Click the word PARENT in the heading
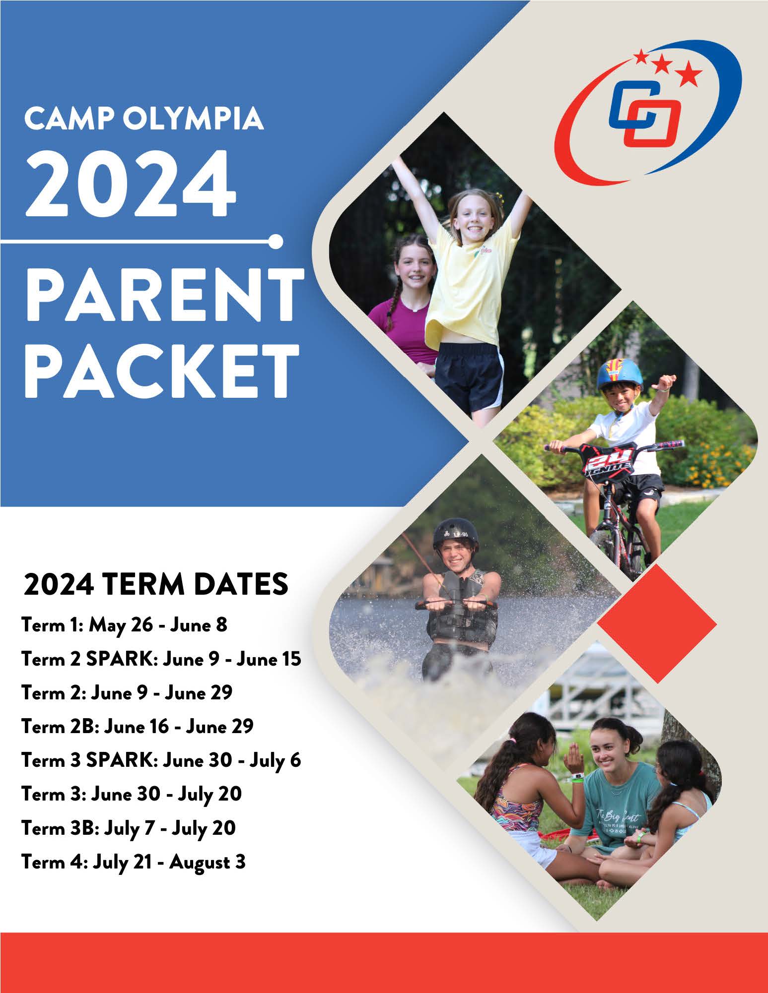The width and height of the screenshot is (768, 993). [164, 296]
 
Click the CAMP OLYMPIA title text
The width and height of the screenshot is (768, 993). [143, 119]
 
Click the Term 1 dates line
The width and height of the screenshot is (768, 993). [124, 625]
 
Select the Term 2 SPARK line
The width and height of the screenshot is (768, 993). [161, 659]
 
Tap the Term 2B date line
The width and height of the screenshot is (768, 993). [138, 727]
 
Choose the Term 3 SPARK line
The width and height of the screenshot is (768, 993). [161, 761]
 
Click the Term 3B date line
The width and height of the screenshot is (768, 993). [129, 828]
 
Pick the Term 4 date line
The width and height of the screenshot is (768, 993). [134, 863]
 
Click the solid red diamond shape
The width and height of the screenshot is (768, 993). [657, 623]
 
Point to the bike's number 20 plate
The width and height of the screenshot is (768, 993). [610, 459]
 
